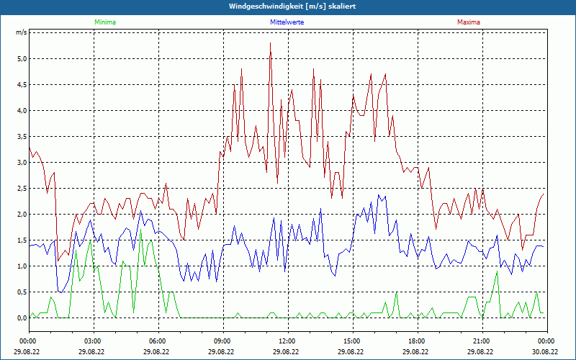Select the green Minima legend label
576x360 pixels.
pos(104,22)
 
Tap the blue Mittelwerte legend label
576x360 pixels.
pos(287,22)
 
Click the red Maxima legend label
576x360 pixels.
pos(469,22)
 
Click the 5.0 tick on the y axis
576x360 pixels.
pos(21,59)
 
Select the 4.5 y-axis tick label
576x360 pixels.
pos(21,85)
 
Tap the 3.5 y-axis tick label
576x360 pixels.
pos(21,137)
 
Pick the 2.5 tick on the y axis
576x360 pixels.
pos(21,189)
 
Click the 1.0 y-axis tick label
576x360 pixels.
pos(21,266)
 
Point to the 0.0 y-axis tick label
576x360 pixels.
pos(21,318)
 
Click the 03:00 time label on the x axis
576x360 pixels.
pos(93,341)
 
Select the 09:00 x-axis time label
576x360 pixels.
pos(222,341)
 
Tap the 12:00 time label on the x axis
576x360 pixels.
pos(287,341)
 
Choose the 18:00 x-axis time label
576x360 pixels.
pos(417,341)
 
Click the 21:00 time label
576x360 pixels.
pos(482,341)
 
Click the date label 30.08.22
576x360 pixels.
pos(546,352)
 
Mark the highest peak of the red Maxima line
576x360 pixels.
pos(271,43)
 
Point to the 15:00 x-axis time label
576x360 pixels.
pos(352,341)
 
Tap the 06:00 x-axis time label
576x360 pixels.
pos(158,341)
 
